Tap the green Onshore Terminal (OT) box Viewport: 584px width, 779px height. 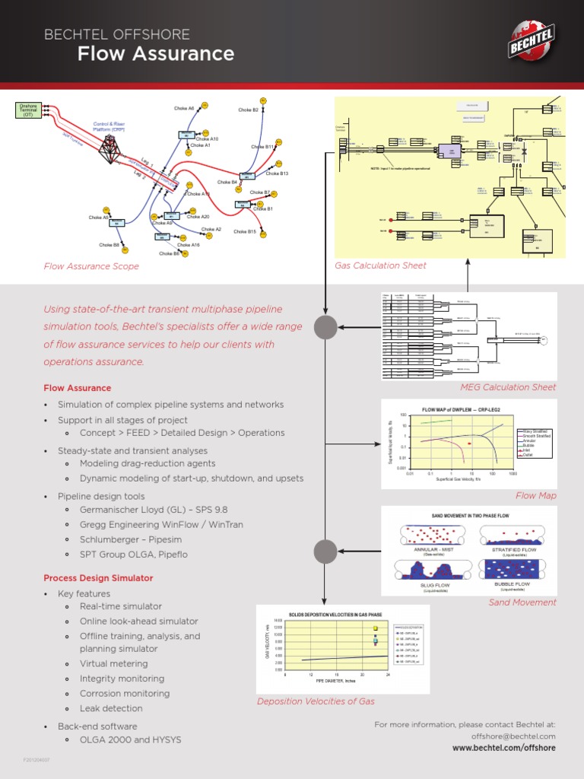click(x=28, y=110)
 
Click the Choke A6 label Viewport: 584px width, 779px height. click(x=184, y=109)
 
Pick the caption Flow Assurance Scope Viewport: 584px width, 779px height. click(x=91, y=266)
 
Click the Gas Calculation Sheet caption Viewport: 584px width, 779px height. click(x=380, y=265)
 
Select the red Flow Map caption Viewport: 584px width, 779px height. click(x=536, y=495)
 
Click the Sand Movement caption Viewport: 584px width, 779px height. click(x=522, y=602)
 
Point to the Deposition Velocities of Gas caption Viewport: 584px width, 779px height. click(x=316, y=701)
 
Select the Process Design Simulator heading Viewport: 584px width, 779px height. click(x=98, y=578)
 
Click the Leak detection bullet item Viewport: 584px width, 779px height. click(x=111, y=708)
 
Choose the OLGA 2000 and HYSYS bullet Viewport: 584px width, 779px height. click(x=130, y=739)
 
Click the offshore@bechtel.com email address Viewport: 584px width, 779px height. click(x=513, y=736)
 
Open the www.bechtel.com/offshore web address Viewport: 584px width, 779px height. click(x=503, y=749)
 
